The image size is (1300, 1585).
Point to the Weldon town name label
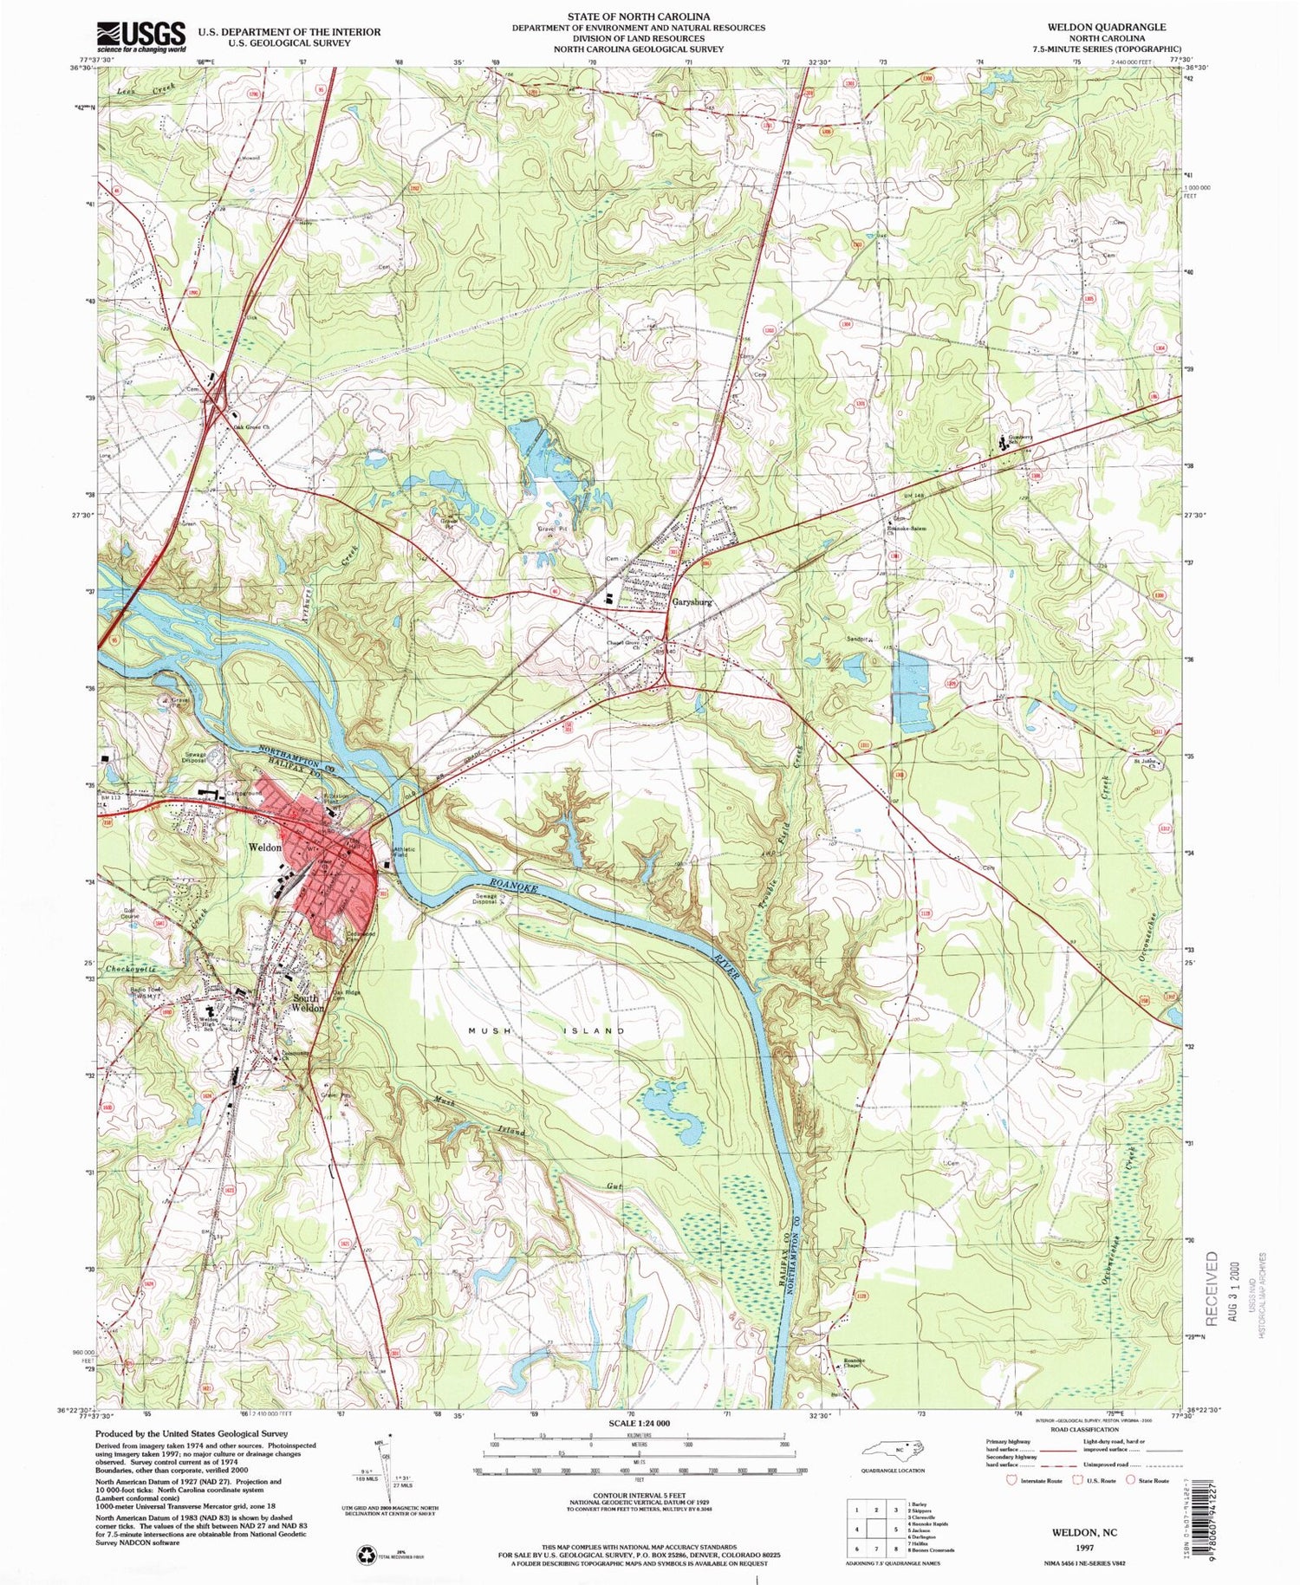coord(264,847)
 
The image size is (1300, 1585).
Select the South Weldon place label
coord(308,1003)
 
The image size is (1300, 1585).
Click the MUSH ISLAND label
coord(547,1030)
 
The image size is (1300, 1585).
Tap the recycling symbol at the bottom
coord(365,1555)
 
